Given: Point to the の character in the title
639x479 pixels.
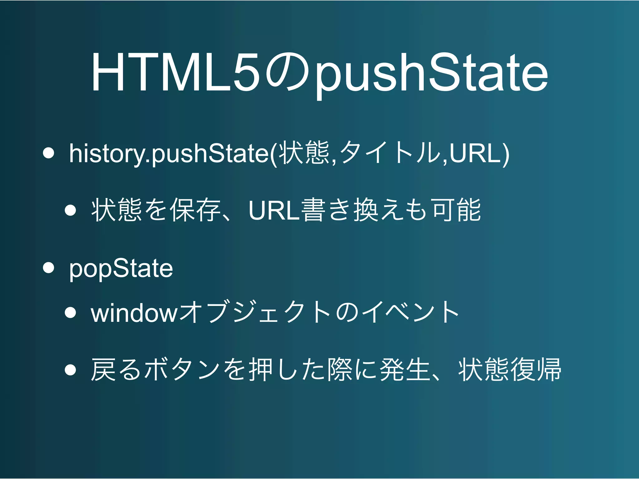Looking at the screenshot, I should (287, 72).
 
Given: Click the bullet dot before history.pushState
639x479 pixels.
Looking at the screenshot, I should (48, 153).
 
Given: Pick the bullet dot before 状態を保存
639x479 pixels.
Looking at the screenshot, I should (71, 210).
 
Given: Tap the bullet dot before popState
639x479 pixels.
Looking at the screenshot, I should (48, 268).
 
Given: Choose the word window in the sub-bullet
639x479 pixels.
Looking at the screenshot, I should (134, 313).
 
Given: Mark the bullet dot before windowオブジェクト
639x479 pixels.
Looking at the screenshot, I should (71, 312).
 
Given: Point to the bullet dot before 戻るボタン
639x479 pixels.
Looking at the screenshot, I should (71, 370).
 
